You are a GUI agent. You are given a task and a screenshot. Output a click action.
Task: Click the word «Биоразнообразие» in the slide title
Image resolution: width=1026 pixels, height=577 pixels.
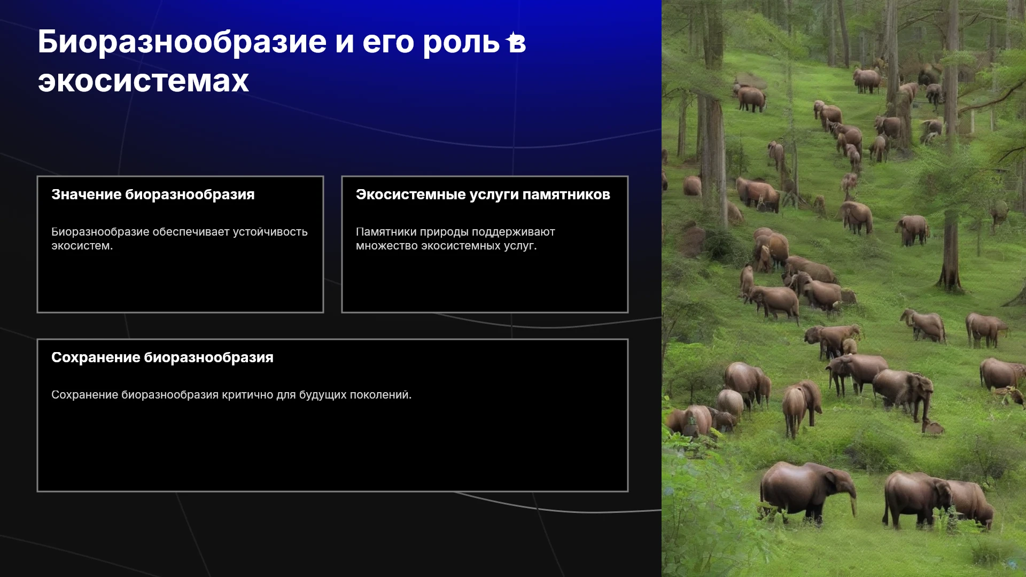coord(182,43)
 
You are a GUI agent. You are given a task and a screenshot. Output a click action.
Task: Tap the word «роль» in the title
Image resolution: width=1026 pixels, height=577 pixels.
coord(461,43)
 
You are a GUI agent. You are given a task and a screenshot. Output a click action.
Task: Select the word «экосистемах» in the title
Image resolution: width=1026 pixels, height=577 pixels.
coord(143,82)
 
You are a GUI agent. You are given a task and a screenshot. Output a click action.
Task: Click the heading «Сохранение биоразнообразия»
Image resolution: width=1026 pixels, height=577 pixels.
coord(162,357)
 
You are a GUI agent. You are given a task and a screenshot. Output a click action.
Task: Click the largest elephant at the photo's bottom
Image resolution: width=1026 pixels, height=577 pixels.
coord(807,493)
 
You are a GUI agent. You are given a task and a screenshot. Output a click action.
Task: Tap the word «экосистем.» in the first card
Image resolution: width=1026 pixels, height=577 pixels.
coord(82,246)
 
